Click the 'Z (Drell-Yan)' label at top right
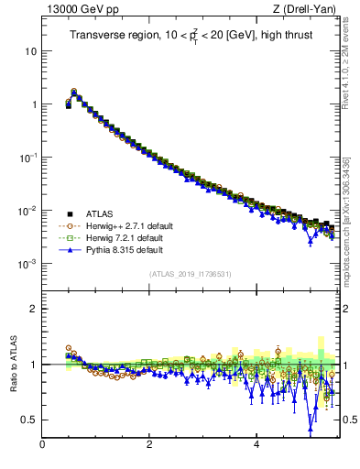309,10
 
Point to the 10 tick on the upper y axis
30,50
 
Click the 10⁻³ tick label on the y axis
27,264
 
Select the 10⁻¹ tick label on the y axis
27,158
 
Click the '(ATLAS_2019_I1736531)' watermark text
190,274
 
